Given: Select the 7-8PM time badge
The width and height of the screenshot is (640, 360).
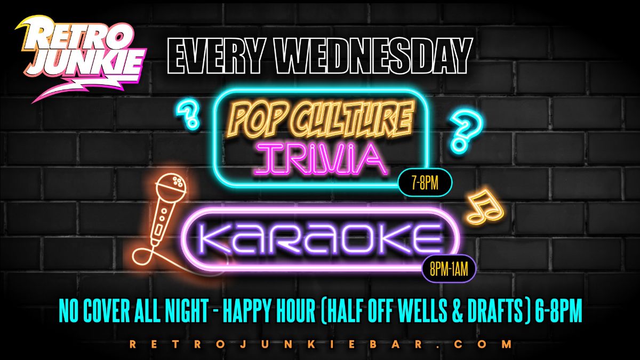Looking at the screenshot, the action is [x=425, y=182].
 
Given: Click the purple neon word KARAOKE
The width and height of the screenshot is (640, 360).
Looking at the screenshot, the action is [x=320, y=238].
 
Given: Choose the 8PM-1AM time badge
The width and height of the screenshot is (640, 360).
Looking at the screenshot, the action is [x=449, y=269].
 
